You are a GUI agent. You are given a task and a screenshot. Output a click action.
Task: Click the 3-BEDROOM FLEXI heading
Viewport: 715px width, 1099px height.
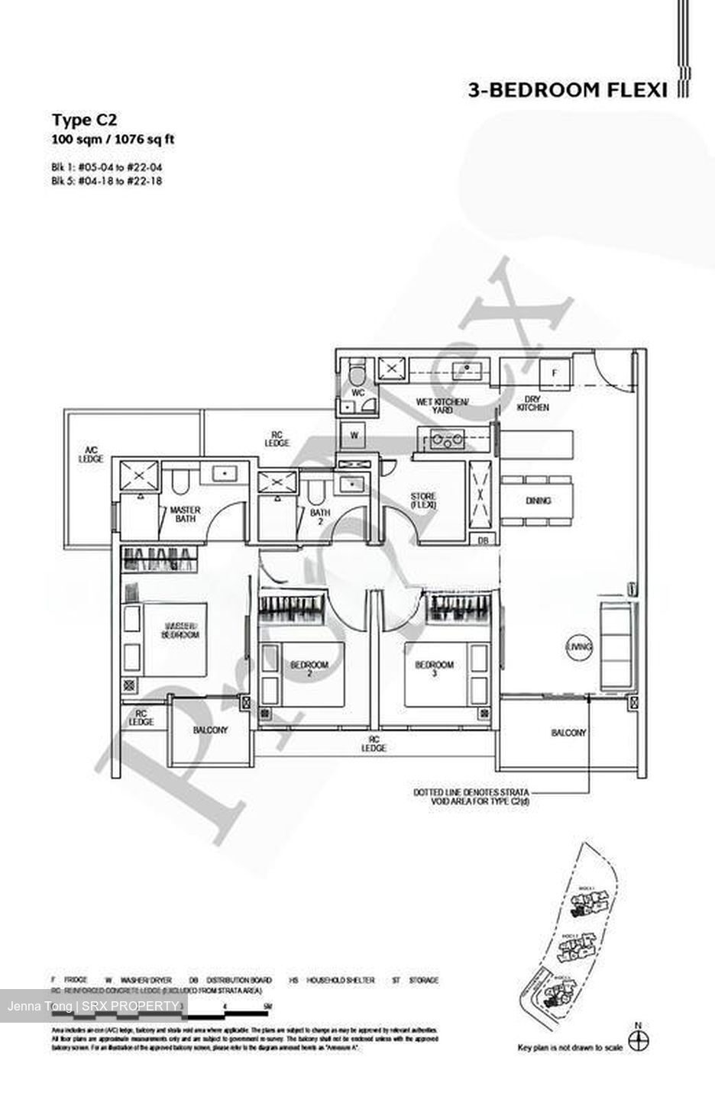568,91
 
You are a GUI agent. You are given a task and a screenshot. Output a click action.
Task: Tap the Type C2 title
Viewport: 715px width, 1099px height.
83,119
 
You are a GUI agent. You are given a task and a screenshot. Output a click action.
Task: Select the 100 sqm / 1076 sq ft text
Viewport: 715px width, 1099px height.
107,139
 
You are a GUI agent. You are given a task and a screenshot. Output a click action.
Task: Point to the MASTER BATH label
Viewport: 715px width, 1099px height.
185,514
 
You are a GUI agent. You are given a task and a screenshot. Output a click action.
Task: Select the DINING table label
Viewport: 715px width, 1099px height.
539,501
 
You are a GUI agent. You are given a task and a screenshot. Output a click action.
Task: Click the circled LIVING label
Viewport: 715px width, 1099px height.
579,647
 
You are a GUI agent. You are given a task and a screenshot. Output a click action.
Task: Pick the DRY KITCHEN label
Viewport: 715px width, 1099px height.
532,404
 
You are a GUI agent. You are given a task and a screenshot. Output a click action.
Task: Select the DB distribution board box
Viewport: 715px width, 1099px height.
483,540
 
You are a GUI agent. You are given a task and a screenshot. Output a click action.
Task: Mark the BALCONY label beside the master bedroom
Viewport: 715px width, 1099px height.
210,730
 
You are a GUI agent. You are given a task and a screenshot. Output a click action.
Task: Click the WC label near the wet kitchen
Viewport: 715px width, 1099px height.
357,393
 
